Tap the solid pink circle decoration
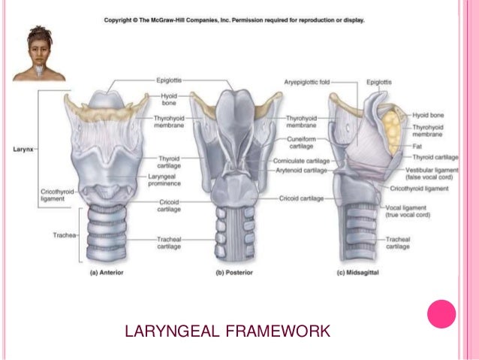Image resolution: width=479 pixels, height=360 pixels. point(441,315)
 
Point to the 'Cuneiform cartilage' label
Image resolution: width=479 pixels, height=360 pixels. point(303,144)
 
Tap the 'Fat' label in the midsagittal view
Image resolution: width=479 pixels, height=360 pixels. point(417,145)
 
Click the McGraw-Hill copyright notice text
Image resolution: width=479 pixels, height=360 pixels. point(234,20)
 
